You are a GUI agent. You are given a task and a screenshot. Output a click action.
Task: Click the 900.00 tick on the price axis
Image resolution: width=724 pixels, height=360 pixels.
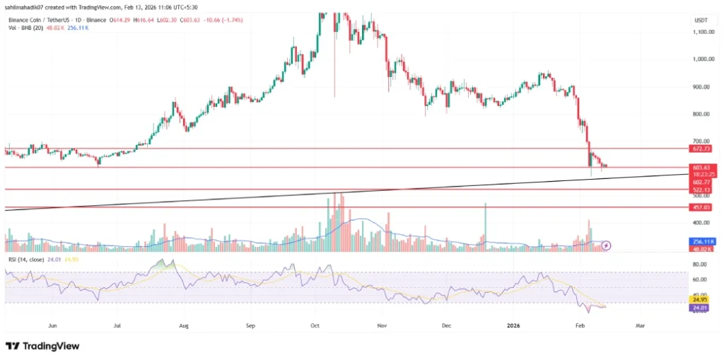pyautogui.click(x=701, y=87)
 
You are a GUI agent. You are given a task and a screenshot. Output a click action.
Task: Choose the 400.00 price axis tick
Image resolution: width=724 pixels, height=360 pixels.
pyautogui.click(x=701, y=223)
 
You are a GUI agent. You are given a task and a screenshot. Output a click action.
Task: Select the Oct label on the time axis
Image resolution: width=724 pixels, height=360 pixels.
pyautogui.click(x=315, y=326)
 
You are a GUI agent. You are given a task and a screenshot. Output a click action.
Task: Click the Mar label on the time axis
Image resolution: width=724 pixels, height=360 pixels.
pyautogui.click(x=640, y=326)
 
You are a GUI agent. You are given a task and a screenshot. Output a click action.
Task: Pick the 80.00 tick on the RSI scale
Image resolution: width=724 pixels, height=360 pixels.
pyautogui.click(x=701, y=265)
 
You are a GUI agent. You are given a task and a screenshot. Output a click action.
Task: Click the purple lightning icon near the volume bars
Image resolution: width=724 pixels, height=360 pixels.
pyautogui.click(x=606, y=245)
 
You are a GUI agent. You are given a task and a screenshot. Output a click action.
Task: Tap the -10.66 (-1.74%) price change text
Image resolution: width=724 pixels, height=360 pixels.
pyautogui.click(x=223, y=21)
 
